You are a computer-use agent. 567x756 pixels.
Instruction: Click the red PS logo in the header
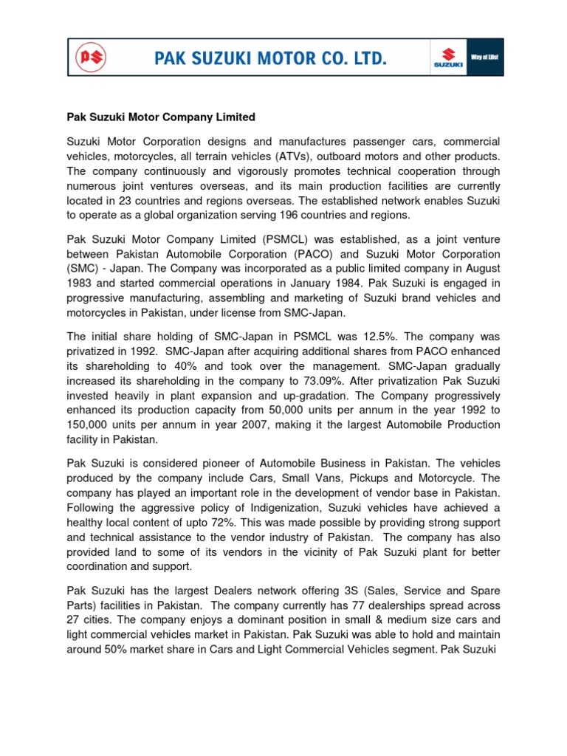93,58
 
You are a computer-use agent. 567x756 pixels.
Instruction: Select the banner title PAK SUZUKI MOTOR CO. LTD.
270,58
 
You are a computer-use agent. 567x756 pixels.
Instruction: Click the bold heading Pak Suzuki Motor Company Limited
161,117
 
